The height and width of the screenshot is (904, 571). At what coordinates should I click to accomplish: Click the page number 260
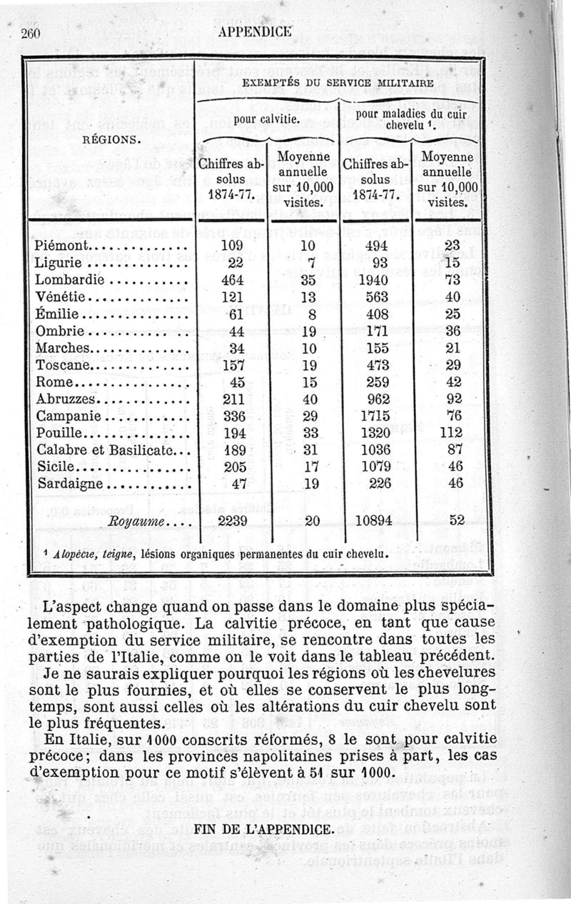tap(33, 34)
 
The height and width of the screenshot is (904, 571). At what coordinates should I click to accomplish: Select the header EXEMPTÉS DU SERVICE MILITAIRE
tap(338, 83)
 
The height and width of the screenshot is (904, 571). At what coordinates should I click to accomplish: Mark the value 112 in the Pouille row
tap(450, 433)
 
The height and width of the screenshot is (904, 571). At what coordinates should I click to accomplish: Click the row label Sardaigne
tap(70, 483)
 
